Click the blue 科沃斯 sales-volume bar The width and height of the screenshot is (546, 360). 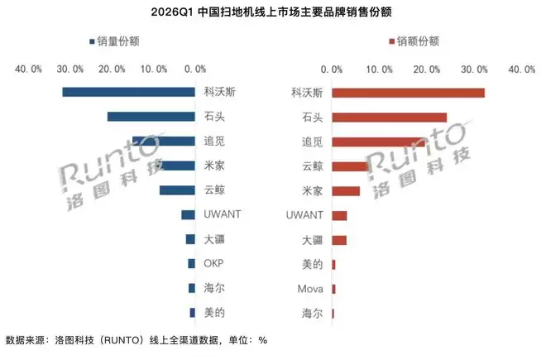click(x=128, y=92)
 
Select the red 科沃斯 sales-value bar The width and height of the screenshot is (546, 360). click(x=408, y=93)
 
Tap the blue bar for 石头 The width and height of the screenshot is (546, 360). click(x=151, y=117)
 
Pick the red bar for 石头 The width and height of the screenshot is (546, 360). click(x=390, y=118)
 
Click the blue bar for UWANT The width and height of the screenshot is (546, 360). click(x=188, y=214)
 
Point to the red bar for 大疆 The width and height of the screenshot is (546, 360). click(x=339, y=241)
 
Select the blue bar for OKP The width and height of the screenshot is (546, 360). click(x=192, y=263)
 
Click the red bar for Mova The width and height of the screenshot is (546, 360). click(x=333, y=290)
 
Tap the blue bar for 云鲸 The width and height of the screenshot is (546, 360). click(x=177, y=190)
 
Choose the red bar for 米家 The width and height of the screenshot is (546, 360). click(x=346, y=191)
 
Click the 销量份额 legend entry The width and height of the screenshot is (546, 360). click(x=114, y=41)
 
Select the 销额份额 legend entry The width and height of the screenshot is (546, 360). click(x=414, y=41)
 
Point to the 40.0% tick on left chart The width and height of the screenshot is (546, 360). click(x=28, y=69)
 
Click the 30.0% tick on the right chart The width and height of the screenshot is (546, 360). click(x=474, y=70)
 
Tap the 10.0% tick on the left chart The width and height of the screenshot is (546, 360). click(x=154, y=69)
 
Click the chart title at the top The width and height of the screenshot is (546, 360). click(x=271, y=12)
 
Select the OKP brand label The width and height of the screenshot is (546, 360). click(x=213, y=263)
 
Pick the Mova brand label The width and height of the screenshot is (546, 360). click(x=310, y=289)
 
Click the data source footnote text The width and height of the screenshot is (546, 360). click(x=136, y=340)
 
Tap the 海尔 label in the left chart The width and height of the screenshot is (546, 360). click(x=214, y=288)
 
